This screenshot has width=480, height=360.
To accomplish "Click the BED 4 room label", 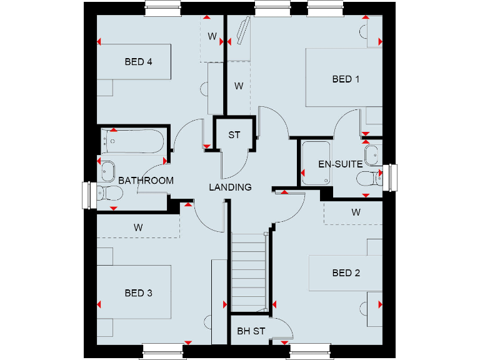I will [x=139, y=62].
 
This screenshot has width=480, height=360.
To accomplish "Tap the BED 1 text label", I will [x=346, y=79].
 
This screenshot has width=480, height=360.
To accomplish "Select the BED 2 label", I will [x=346, y=273].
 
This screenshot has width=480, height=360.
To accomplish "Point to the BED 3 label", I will [x=139, y=293].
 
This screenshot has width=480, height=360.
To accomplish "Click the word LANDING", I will [x=230, y=187].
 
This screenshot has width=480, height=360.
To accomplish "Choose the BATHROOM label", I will [x=146, y=181].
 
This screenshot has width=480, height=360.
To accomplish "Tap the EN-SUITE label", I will [x=340, y=164].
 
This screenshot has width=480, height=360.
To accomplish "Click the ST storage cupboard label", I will [x=234, y=135].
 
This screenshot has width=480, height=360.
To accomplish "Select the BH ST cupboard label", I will [x=251, y=331].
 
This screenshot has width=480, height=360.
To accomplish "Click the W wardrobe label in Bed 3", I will [x=137, y=228].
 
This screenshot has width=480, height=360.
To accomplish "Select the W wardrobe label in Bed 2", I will [x=356, y=212].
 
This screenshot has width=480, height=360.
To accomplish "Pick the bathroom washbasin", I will [x=107, y=168].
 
